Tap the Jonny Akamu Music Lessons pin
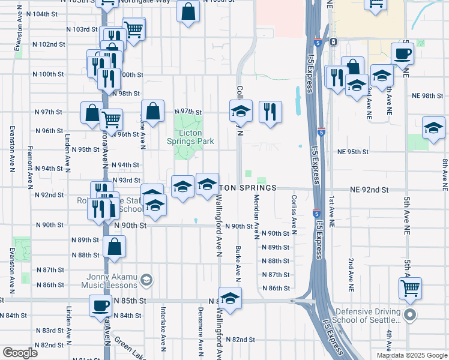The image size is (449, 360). click(146, 280)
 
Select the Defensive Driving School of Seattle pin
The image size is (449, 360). click(410, 315)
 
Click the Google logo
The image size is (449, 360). click(20, 353)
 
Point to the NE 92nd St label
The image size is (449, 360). click(370, 190)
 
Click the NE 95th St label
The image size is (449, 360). click(352, 152)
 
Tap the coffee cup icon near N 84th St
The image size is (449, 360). click(100, 305)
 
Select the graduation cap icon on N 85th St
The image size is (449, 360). click(229, 297)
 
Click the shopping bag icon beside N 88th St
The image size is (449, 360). click(114, 246)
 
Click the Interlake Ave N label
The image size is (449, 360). click(163, 328)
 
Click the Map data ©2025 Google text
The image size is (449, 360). click(411, 355)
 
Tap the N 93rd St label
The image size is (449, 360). click(126, 180)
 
